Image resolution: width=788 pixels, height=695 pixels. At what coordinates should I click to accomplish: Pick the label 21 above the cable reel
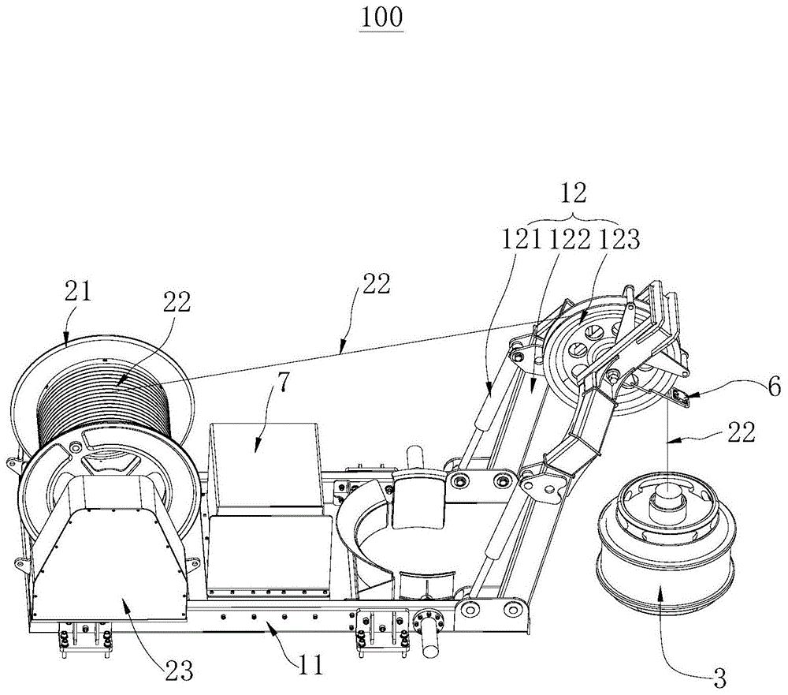pos(80,293)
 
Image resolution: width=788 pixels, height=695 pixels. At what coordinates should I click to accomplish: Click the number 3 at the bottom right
pos(719,676)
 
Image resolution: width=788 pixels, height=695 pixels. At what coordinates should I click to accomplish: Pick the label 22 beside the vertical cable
pos(738,432)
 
